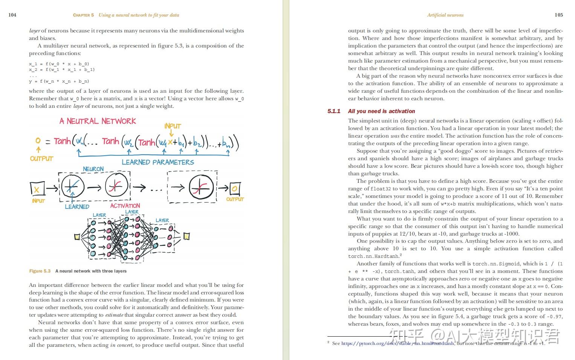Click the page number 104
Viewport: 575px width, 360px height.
tap(12, 15)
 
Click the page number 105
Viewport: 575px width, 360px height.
tap(559, 15)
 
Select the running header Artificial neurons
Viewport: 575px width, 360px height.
tap(445, 15)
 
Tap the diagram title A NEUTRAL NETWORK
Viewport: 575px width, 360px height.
tap(98, 121)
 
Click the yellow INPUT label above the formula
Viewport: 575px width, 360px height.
tap(173, 126)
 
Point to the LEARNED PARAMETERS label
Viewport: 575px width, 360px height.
tap(158, 162)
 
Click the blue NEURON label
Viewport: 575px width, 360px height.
tap(93, 169)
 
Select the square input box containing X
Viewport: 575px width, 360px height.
tap(37, 188)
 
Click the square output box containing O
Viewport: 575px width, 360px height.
tap(234, 188)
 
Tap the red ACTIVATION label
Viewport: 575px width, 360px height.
tap(125, 205)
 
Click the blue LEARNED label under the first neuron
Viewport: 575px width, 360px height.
tap(77, 207)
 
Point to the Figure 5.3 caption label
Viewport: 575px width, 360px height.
tap(40, 271)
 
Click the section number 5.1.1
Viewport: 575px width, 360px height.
tap(334, 111)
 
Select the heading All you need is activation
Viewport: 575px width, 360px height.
tap(381, 111)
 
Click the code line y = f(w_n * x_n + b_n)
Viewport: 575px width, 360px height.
tap(59, 81)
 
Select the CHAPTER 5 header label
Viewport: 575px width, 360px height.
tap(83, 15)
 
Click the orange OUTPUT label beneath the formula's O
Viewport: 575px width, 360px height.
tap(41, 159)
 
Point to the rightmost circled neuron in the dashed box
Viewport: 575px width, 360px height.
tap(201, 187)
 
